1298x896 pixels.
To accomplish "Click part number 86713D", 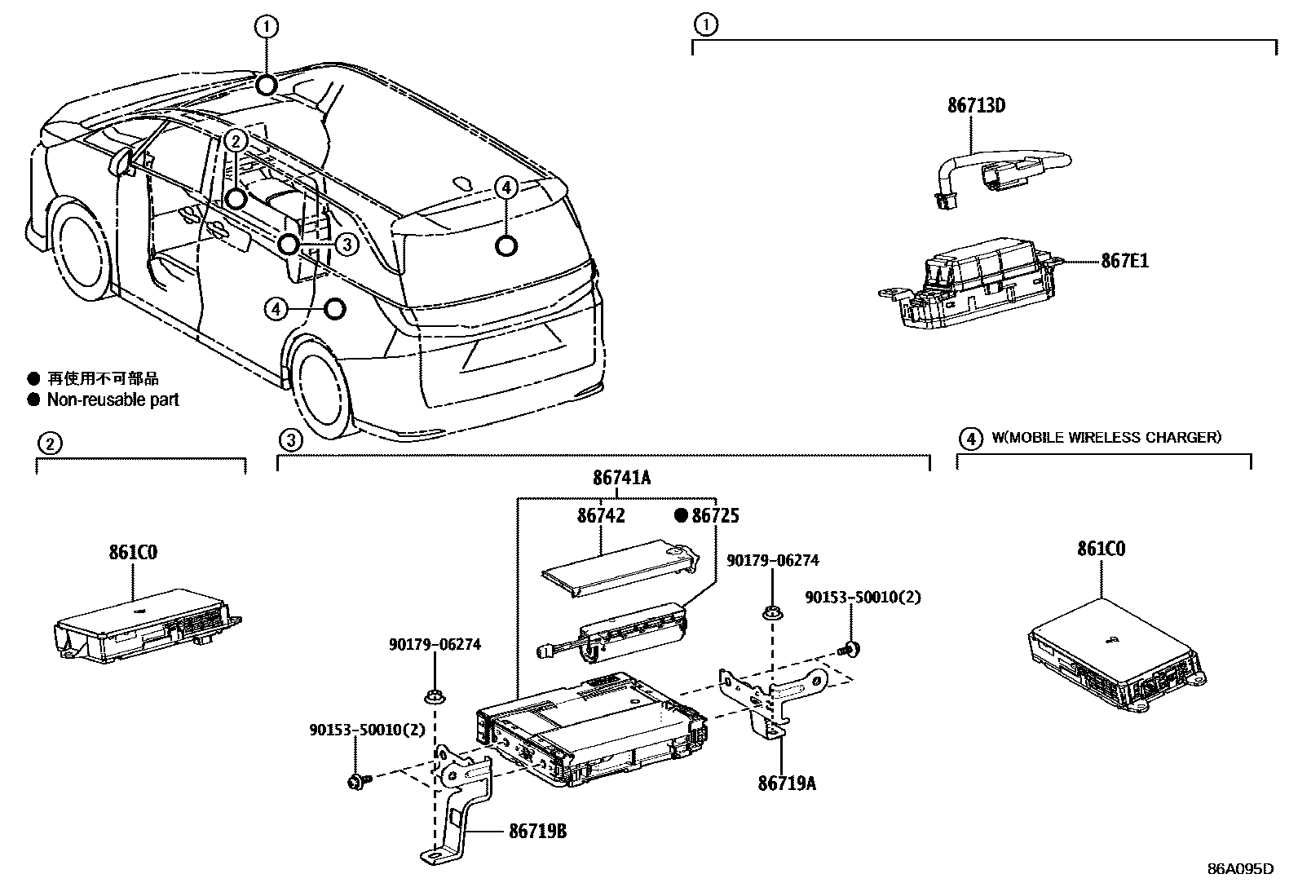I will click(x=976, y=106).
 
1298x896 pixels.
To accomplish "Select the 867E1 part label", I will click(x=1124, y=262).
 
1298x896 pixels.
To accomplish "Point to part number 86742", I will click(x=601, y=515).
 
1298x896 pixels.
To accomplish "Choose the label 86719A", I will click(x=787, y=783).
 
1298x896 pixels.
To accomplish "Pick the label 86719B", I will click(x=537, y=832).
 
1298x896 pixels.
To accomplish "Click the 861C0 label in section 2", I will click(x=133, y=552).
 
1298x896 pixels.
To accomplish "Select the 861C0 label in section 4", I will click(x=1101, y=549).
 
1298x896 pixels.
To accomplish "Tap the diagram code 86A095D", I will click(x=1240, y=868).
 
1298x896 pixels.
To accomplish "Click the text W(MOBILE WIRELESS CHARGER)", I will click(x=1106, y=438).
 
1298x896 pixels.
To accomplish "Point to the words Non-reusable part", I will click(x=113, y=400).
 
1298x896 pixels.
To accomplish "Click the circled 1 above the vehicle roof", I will click(x=267, y=27).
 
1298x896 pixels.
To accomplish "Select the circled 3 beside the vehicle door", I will click(x=347, y=244).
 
